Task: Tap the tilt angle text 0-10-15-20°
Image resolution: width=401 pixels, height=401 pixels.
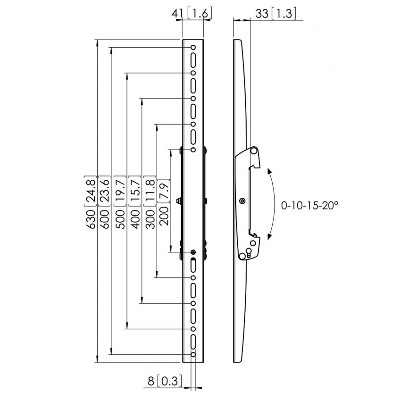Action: (310, 206)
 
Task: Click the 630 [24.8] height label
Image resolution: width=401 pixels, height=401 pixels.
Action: (91, 204)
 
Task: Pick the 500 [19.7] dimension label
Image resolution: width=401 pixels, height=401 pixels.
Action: (122, 204)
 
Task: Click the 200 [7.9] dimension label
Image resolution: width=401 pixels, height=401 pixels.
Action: (165, 204)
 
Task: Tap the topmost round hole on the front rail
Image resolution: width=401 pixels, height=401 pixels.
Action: (193, 48)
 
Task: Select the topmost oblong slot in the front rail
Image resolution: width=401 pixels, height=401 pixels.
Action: (193, 60)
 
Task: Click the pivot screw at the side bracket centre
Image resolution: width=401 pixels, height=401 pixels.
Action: (242, 201)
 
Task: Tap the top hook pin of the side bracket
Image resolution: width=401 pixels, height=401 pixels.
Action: (254, 151)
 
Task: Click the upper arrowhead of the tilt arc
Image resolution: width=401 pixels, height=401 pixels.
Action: (269, 171)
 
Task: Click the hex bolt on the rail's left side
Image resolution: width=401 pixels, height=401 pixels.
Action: (178, 201)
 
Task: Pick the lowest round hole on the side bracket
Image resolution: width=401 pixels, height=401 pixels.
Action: (242, 256)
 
